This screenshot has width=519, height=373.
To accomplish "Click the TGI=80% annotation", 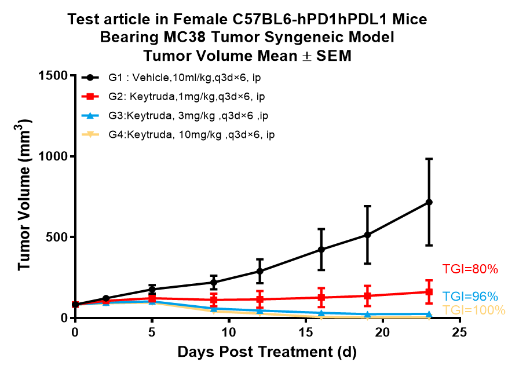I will [470, 269].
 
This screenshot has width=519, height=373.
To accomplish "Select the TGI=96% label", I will [470, 296].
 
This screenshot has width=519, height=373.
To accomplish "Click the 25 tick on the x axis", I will [460, 332].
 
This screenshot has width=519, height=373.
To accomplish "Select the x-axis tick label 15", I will [306, 332].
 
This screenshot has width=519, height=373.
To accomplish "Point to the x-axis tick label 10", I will [229, 332].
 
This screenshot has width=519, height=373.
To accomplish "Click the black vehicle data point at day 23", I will [429, 202].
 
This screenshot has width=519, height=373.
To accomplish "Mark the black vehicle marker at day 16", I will [321, 250].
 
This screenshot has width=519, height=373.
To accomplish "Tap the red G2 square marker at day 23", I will [429, 292].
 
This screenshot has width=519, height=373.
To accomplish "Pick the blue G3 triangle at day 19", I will [367, 315].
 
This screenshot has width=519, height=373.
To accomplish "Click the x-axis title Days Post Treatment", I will [267, 352].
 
